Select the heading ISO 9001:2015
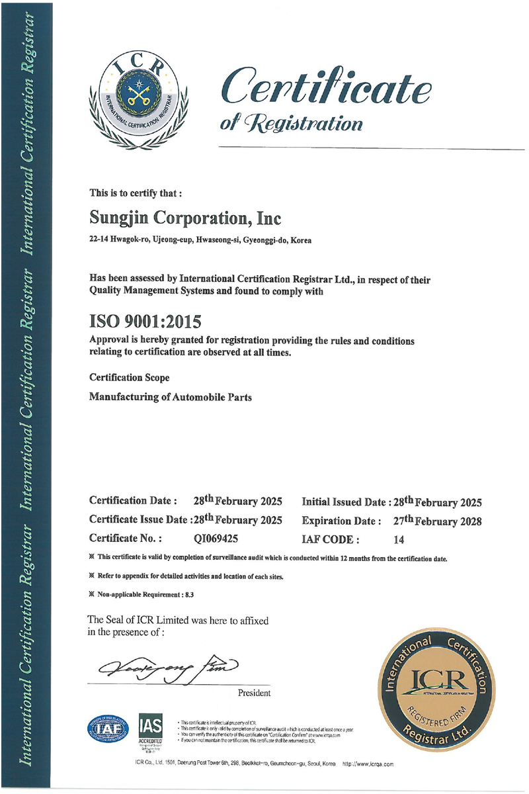[x=145, y=322]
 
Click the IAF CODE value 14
[x=398, y=539]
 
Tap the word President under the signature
[x=254, y=693]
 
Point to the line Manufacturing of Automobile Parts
[x=171, y=398]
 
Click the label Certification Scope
[x=130, y=378]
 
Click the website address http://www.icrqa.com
[x=368, y=764]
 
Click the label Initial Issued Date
[x=346, y=502]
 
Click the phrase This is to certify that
[x=136, y=194]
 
